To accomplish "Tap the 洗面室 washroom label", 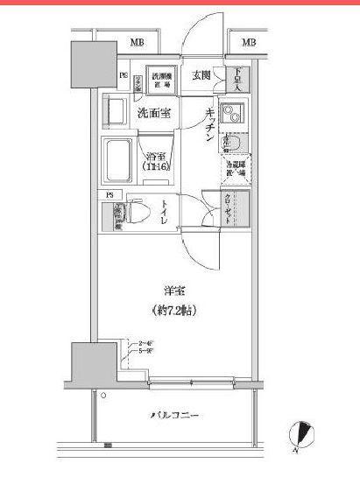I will (152, 112).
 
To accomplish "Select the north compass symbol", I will (304, 433).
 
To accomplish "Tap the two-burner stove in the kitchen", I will (232, 115).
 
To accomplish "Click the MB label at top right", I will (249, 42).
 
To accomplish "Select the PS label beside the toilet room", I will (110, 194).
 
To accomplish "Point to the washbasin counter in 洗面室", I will (115, 113).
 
